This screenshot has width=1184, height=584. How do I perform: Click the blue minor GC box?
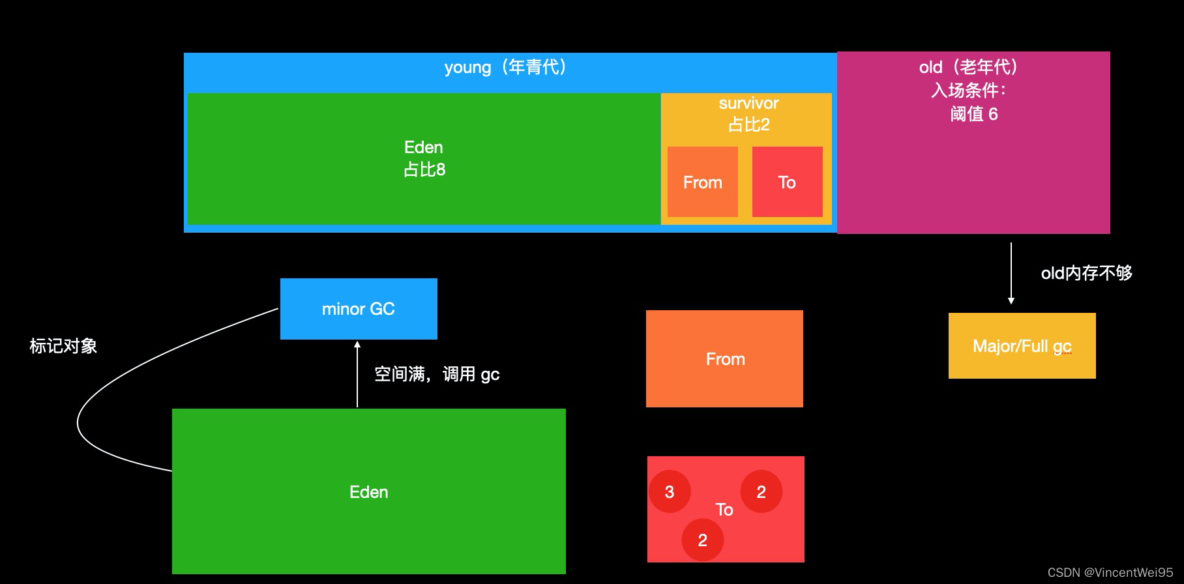click(x=359, y=309)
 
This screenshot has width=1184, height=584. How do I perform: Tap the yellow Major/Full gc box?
click(x=1022, y=346)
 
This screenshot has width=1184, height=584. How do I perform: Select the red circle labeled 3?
click(x=670, y=491)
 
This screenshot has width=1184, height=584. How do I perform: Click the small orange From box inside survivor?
click(x=702, y=182)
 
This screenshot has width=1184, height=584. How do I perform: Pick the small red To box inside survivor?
click(x=787, y=182)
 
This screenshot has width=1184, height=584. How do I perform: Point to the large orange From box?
click(x=724, y=359)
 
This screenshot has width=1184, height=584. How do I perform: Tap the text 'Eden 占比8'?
click(x=424, y=158)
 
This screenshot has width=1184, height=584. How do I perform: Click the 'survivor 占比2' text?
click(x=748, y=113)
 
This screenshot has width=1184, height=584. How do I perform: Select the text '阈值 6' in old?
click(x=973, y=114)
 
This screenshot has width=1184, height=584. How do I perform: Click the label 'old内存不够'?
click(x=1086, y=273)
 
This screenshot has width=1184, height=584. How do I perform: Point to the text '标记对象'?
click(x=63, y=346)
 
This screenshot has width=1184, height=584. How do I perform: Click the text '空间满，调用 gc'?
click(x=437, y=374)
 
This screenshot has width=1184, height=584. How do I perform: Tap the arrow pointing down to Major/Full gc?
click(x=1011, y=274)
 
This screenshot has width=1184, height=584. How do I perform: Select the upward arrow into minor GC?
click(x=357, y=375)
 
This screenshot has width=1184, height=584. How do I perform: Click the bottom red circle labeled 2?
click(x=702, y=540)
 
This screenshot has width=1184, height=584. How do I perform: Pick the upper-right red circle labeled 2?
click(x=761, y=491)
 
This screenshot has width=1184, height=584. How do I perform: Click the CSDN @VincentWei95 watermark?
click(x=1110, y=572)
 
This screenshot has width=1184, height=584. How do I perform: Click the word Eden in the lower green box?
click(x=368, y=492)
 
